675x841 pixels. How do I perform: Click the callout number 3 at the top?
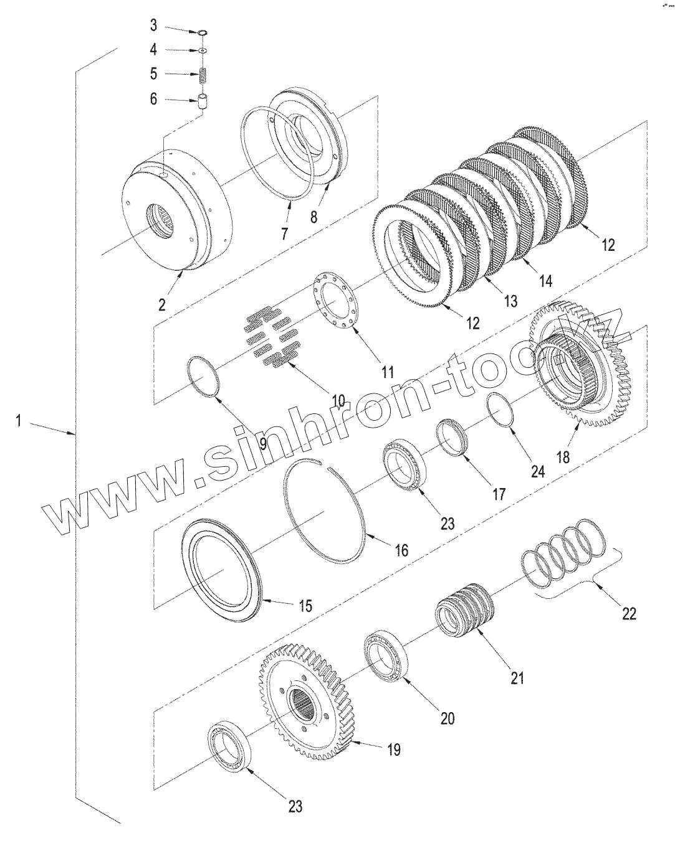[x=153, y=26]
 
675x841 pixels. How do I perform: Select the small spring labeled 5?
[x=203, y=75]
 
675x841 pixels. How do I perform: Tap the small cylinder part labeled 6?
[x=203, y=101]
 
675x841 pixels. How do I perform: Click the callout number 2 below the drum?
[x=162, y=304]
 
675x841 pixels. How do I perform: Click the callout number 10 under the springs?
[x=338, y=401]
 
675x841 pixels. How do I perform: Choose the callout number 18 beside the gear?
[x=562, y=457]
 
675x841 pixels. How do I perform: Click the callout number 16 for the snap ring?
[x=401, y=550]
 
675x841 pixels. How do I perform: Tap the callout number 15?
[x=305, y=605]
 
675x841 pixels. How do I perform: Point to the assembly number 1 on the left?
[x=19, y=421]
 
